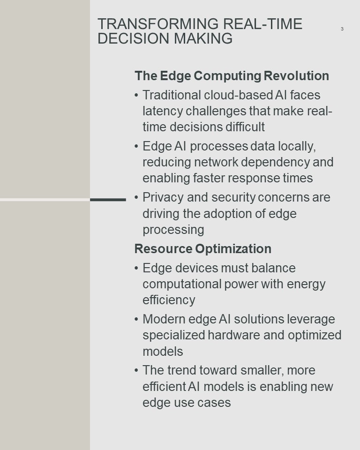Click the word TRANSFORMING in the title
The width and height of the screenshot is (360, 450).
tap(158, 24)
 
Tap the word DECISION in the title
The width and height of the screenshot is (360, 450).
tap(134, 38)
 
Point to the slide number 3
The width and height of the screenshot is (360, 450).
tap(342, 29)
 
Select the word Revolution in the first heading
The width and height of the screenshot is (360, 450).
tap(296, 76)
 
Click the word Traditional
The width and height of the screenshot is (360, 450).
tap(172, 95)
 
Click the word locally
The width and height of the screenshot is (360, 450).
tap(297, 147)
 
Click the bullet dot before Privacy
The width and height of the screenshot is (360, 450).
tap(136, 197)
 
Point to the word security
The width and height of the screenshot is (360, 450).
tap(233, 198)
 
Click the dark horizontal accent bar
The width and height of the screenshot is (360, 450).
tap(108, 200)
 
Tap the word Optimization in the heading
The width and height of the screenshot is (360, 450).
tap(233, 249)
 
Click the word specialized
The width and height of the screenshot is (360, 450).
tap(174, 336)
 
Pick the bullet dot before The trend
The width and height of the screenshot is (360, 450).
tap(136, 370)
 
